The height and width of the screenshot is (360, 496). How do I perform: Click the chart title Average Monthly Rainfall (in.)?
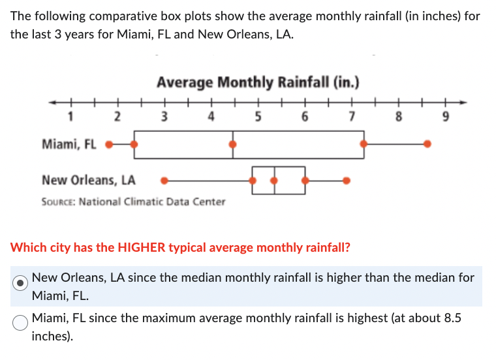pyautogui.click(x=258, y=83)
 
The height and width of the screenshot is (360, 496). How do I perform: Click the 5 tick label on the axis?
pyautogui.click(x=258, y=117)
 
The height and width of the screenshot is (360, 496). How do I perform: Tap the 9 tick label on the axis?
pyautogui.click(x=446, y=117)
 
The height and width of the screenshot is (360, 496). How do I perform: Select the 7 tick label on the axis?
pyautogui.click(x=352, y=117)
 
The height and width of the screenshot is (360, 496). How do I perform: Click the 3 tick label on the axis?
pyautogui.click(x=164, y=117)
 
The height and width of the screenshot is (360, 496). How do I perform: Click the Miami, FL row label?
pyautogui.click(x=69, y=144)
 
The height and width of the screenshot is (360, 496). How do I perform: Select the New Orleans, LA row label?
pyautogui.click(x=89, y=179)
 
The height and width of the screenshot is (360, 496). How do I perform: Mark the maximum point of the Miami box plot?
pyautogui.click(x=427, y=144)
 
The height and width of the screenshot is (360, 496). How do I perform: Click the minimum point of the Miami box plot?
pyautogui.click(x=109, y=144)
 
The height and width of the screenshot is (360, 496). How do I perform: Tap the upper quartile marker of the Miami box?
pyautogui.click(x=364, y=144)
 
